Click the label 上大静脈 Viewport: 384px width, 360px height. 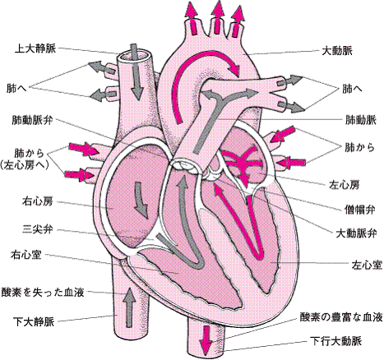tap(35, 48)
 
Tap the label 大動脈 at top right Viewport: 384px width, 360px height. tap(337, 51)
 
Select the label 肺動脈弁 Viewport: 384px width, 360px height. tap(32, 120)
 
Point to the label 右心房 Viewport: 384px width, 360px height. tap(37, 201)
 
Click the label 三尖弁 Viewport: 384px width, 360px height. tap(37, 229)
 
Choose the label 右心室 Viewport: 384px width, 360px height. tap(26, 255)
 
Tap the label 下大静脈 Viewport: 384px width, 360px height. tap(34, 321)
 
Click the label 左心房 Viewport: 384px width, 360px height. tap(344, 185)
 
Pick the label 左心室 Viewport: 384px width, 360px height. tap(367, 265)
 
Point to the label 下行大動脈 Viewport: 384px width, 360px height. tap(336, 341)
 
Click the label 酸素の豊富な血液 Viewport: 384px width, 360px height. tap(341, 317)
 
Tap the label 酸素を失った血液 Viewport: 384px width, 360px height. tap(43, 292)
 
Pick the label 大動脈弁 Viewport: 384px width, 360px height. tap(356, 233)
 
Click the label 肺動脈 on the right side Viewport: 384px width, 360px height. tap(361, 120)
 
